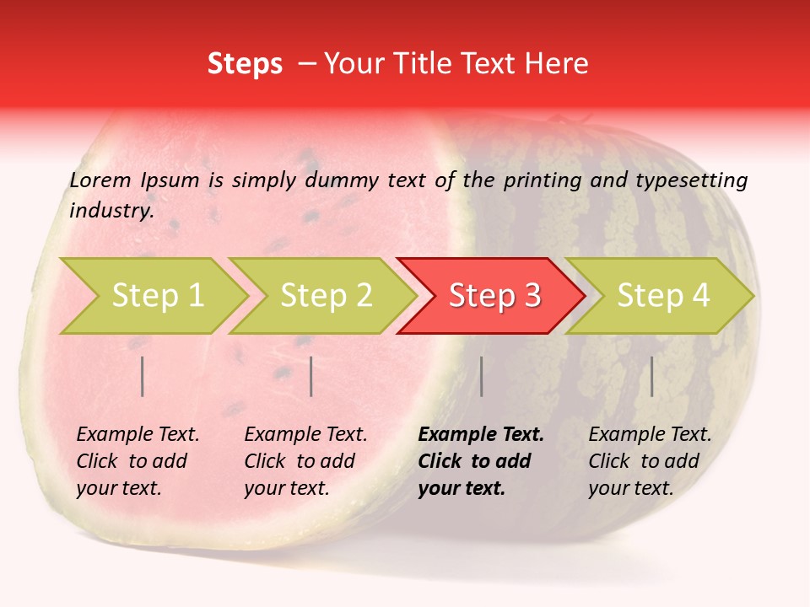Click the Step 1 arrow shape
157,296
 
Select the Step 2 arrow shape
326,296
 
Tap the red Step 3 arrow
494,296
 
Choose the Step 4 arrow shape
663,296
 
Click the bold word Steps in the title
245,64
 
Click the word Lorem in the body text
100,180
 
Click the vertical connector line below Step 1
143,376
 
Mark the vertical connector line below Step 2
311,376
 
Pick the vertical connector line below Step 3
482,376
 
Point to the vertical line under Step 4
652,376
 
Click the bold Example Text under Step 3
481,435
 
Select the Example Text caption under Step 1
138,435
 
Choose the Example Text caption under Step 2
305,435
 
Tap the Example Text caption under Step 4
650,435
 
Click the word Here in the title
560,64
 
